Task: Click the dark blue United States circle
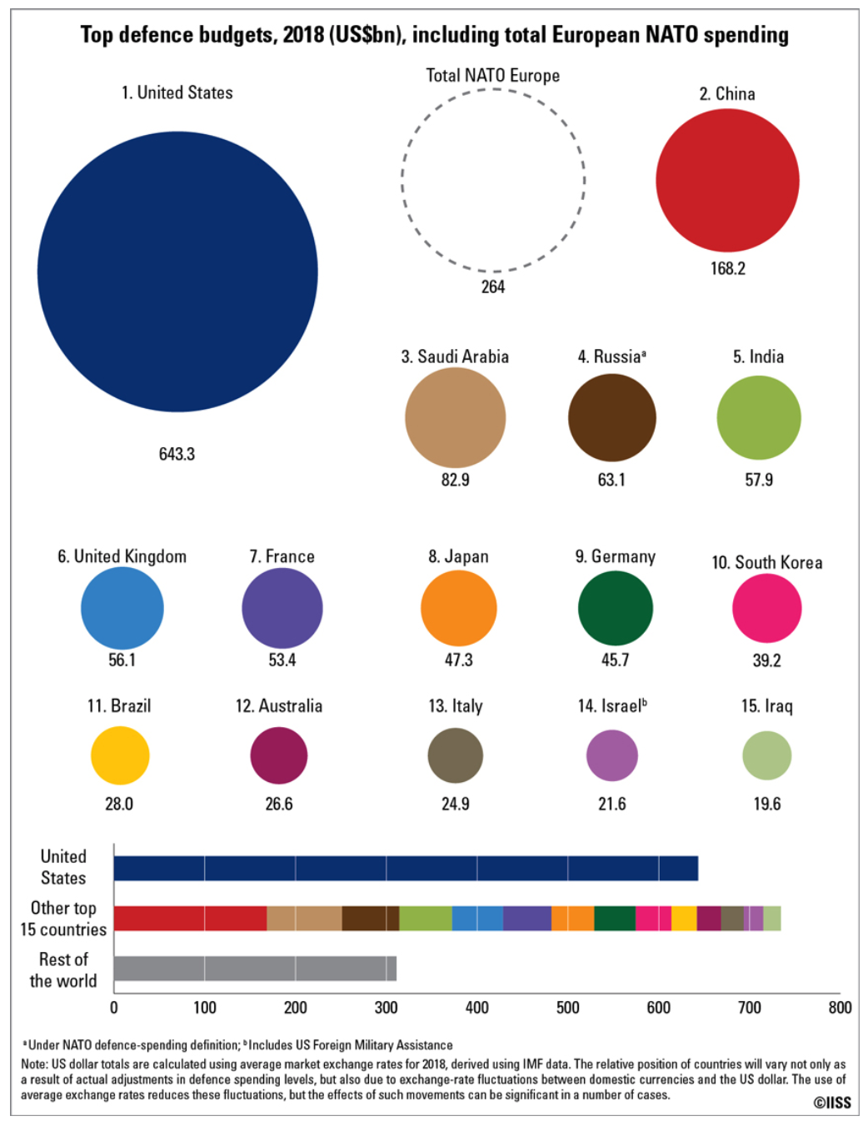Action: click(x=177, y=272)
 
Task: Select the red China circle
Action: click(x=727, y=180)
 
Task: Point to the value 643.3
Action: click(x=177, y=454)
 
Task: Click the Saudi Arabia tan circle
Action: click(x=455, y=417)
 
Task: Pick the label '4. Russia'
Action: click(x=611, y=356)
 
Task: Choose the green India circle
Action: click(x=758, y=417)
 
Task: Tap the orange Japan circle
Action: click(x=458, y=608)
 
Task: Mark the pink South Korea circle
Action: click(x=766, y=608)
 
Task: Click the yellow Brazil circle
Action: click(x=120, y=755)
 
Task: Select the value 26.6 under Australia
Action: click(x=278, y=804)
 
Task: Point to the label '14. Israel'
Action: click(x=612, y=706)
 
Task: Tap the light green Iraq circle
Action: click(x=766, y=755)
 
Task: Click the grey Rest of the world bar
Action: click(x=254, y=969)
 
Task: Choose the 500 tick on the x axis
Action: click(x=567, y=1008)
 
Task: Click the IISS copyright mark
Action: click(x=832, y=1103)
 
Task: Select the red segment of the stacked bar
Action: click(x=190, y=918)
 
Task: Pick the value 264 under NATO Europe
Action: click(x=493, y=286)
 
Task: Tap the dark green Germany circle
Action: click(x=615, y=608)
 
